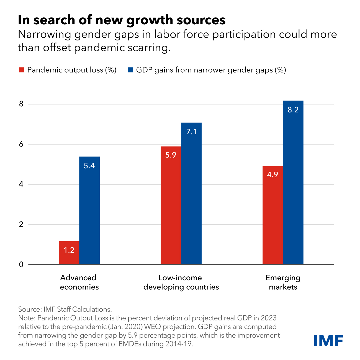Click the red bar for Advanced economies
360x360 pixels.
pos(69,253)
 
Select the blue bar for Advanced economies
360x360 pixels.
pos(89,210)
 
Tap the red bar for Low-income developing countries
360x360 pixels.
pos(171,205)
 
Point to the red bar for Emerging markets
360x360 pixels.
pos(273,215)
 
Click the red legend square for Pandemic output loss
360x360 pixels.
pos(21,70)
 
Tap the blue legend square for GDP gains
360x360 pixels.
pos(130,70)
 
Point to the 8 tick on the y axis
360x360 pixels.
pos(21,104)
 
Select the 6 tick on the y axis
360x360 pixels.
pos(21,145)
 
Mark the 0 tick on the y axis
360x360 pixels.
pos(21,264)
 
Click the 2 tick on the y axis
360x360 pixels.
pos(21,225)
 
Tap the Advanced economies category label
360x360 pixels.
pos(79,282)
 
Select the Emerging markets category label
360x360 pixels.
pos(283,282)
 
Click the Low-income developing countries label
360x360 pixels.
pos(181,282)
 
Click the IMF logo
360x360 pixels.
pos(328,340)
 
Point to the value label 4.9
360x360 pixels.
pos(272,175)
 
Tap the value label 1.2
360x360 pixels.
pos(69,250)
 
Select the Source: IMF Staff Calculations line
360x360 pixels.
pos(65,309)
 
